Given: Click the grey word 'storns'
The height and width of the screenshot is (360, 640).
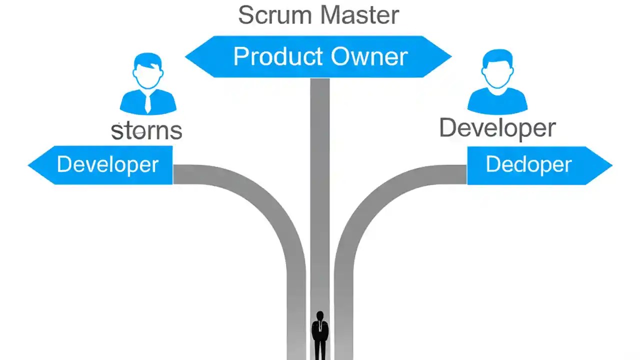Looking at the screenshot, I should [x=146, y=131].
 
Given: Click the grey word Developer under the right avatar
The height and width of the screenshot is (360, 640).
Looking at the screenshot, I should [x=497, y=128].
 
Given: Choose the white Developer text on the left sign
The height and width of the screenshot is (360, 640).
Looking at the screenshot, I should [x=107, y=164].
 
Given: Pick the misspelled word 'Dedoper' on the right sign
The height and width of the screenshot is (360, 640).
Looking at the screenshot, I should [x=528, y=164].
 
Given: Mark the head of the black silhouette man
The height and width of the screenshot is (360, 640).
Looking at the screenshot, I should [x=320, y=316].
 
